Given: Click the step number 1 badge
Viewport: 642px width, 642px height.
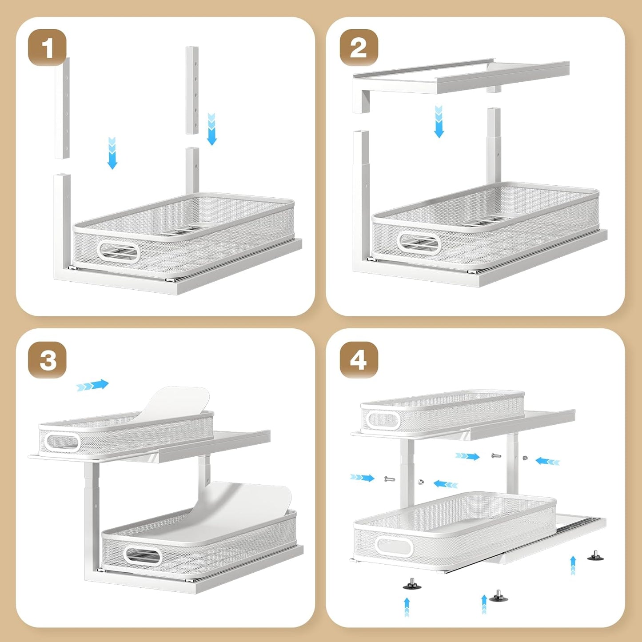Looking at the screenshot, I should (x=47, y=48).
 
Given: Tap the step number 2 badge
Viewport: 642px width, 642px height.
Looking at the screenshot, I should (x=359, y=48).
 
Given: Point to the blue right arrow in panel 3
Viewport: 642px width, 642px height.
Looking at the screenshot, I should (x=92, y=385).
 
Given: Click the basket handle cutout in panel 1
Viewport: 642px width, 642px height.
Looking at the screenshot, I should (x=119, y=252).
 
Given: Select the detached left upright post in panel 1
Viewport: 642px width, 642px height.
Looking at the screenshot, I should (x=63, y=108).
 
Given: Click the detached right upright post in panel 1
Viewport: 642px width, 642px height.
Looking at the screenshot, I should (x=192, y=90).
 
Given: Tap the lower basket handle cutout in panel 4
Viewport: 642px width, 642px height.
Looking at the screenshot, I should (x=394, y=546).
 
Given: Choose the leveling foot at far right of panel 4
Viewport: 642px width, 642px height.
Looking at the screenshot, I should (x=595, y=555).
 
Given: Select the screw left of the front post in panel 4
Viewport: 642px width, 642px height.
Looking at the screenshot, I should (x=389, y=479).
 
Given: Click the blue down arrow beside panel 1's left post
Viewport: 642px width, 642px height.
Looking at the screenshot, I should (x=112, y=153).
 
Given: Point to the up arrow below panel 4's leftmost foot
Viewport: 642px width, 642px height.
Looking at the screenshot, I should (x=407, y=607).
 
